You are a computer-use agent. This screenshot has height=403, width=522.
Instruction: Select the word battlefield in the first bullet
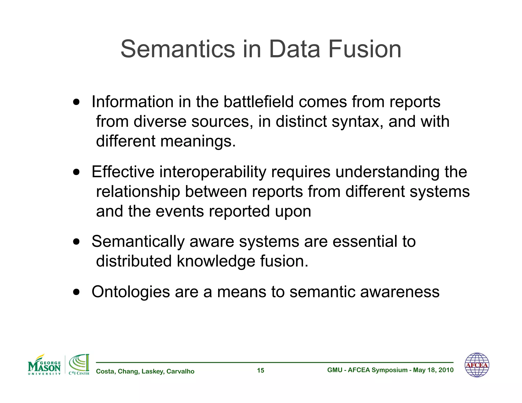(258, 102)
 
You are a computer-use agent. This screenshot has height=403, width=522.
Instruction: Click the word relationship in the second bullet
(138, 192)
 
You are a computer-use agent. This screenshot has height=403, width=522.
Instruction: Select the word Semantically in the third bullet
(138, 241)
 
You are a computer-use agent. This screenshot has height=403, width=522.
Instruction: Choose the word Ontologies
(130, 292)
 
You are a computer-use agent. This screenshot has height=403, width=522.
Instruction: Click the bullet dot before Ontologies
(76, 292)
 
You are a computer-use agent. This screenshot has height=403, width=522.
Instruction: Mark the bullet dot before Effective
(76, 172)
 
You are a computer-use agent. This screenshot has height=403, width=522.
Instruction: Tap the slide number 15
(260, 370)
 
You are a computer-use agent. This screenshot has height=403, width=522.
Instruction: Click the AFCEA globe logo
(477, 365)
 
